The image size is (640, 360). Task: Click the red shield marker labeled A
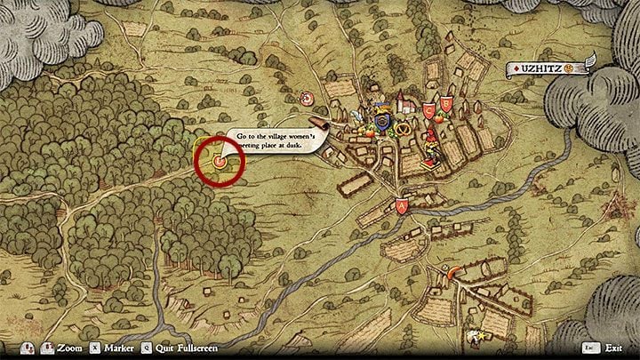[x=402, y=206]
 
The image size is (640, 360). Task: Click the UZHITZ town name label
[x=540, y=68]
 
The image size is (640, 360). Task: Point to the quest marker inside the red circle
[x=218, y=161]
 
